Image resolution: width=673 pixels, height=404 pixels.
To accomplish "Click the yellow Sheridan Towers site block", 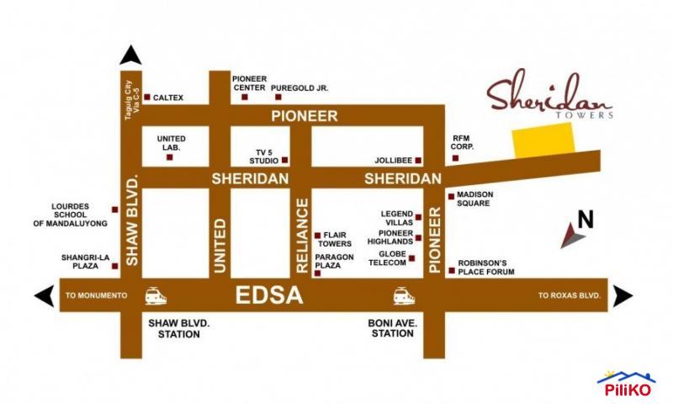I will (542, 140).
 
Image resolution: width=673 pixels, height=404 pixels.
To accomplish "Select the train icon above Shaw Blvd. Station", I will (156, 295).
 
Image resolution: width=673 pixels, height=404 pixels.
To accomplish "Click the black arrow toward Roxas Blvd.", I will (623, 295).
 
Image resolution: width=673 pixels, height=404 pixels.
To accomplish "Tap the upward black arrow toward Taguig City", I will (130, 56).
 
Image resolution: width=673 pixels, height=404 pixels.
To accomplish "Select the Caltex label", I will (168, 98).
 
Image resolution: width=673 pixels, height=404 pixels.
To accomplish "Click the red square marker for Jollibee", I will (418, 159).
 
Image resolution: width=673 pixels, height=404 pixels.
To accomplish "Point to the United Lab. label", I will (171, 143).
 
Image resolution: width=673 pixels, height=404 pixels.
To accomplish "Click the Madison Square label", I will (474, 199).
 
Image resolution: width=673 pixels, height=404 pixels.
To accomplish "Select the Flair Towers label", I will (336, 240).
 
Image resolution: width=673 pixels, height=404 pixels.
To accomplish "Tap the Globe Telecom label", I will (387, 258).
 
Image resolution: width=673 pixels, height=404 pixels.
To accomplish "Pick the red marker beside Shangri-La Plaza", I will (115, 266).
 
